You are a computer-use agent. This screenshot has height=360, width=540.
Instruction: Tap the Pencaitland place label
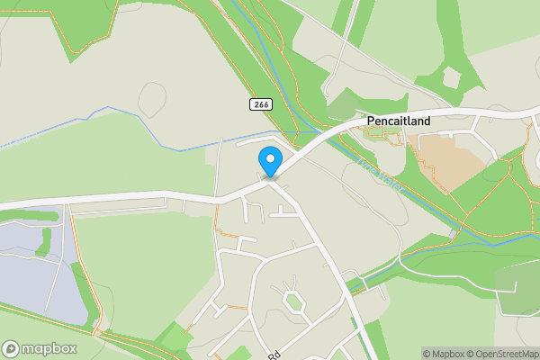(398, 121)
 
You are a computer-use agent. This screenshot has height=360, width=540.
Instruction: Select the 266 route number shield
(260, 105)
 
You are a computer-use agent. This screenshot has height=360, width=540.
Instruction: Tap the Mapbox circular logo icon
(11, 349)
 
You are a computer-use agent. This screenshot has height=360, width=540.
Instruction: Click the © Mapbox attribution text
(442, 353)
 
